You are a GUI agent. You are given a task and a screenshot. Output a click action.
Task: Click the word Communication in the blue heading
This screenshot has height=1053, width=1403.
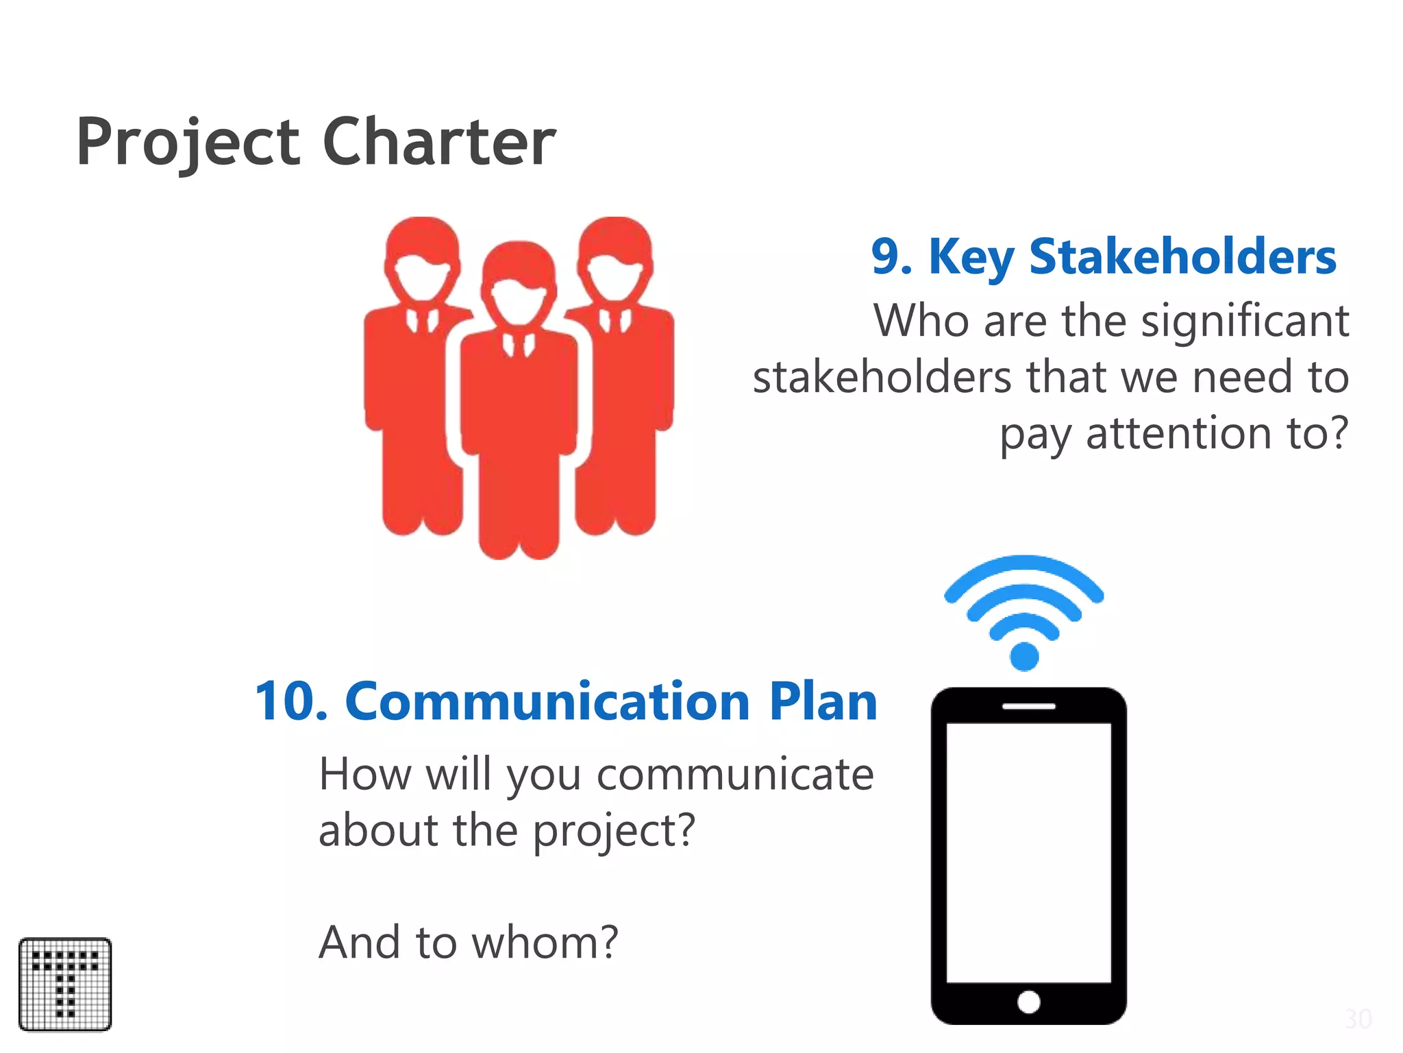tap(548, 701)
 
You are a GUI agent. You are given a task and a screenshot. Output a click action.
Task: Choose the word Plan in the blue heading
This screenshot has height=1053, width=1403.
tap(823, 701)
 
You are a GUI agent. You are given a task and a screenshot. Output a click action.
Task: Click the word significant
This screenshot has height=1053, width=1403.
tap(1245, 321)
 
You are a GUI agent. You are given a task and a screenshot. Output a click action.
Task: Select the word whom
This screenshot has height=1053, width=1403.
tap(545, 942)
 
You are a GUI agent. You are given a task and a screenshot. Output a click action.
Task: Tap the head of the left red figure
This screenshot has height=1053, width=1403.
tap(422, 257)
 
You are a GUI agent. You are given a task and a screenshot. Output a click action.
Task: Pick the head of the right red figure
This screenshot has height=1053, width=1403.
tap(615, 257)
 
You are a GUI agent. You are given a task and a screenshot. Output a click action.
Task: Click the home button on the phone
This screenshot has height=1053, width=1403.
tap(1028, 1002)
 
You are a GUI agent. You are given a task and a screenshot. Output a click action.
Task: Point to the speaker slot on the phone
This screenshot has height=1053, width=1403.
tap(1028, 706)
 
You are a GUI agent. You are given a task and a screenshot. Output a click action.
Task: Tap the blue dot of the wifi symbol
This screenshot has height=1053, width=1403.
tap(1024, 656)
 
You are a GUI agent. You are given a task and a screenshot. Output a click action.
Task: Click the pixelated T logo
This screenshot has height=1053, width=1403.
tap(65, 984)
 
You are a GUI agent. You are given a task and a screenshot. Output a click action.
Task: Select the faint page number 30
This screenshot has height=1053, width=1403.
tap(1358, 1019)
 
